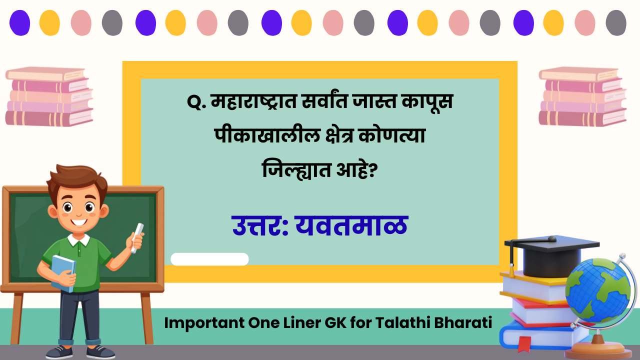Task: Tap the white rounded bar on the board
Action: tap(209, 259)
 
